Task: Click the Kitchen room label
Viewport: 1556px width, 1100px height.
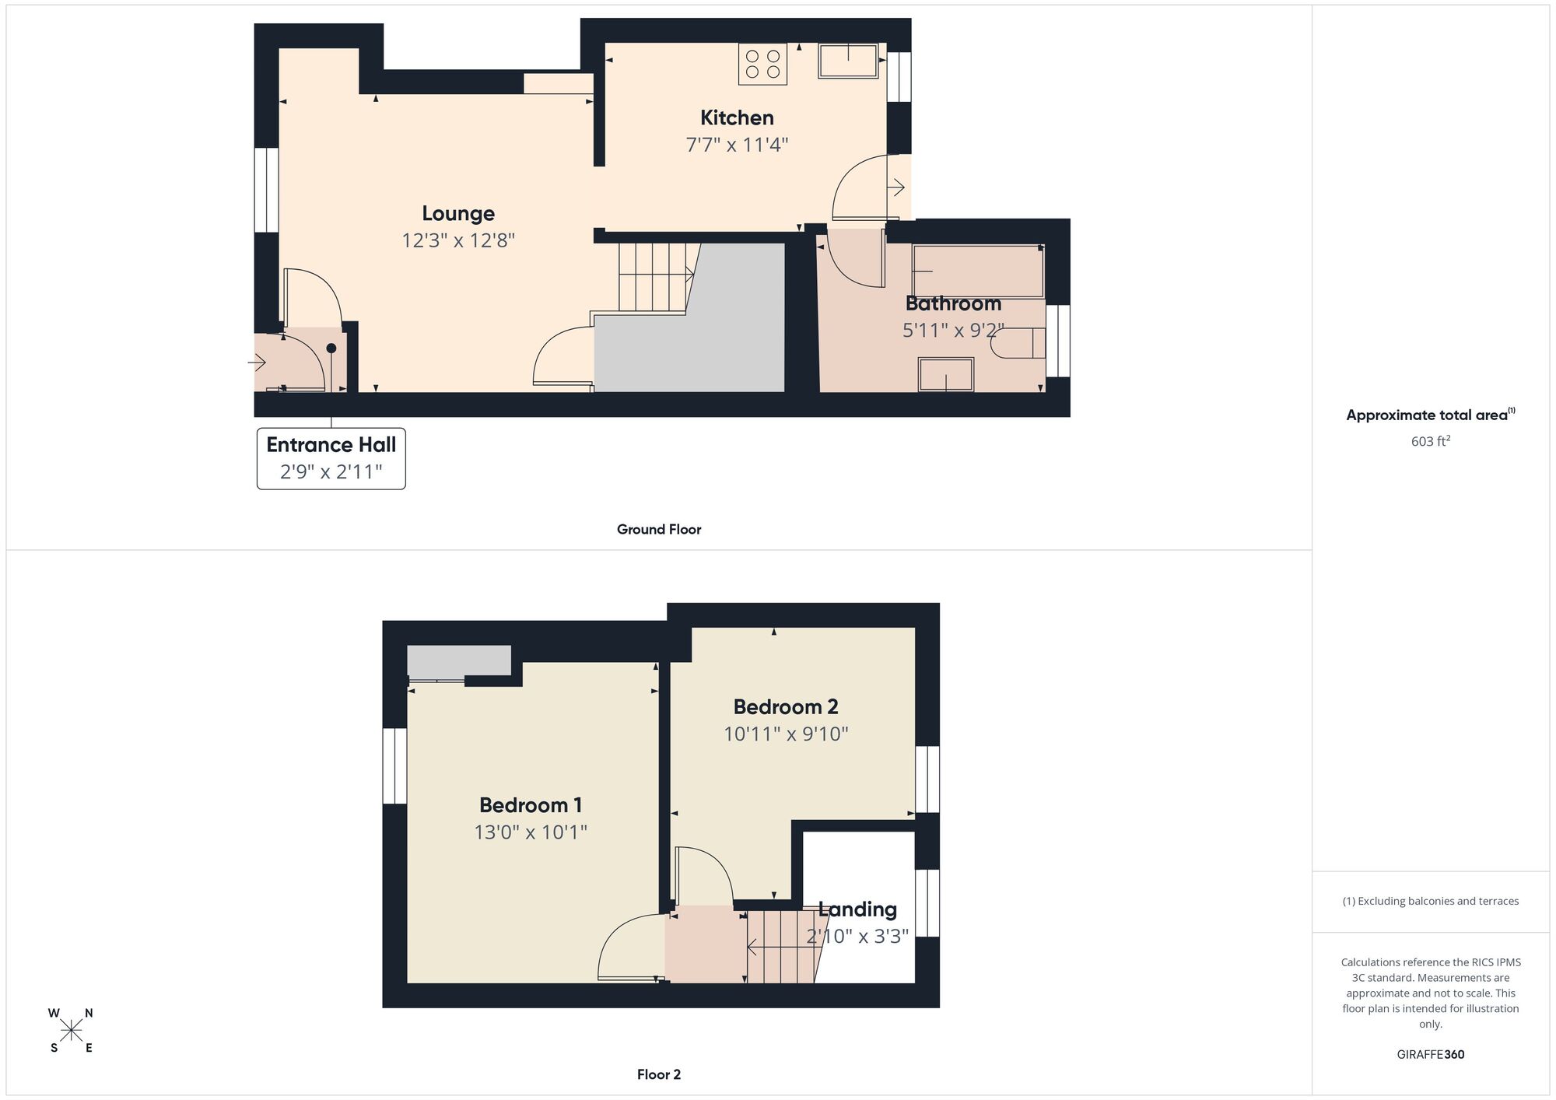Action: point(737,118)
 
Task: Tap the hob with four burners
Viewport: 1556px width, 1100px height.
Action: point(762,64)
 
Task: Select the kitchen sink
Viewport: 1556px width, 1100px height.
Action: point(848,61)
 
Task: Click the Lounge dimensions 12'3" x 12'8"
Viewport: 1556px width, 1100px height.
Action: point(458,240)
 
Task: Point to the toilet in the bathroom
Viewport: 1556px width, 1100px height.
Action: point(1019,343)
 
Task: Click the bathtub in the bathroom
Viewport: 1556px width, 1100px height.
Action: point(978,271)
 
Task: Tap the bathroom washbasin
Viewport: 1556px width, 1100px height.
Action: point(945,374)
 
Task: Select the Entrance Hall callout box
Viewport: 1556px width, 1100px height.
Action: point(331,458)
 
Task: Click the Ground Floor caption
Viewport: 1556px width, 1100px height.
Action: point(659,530)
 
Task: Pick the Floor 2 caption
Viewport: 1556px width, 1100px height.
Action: point(659,1074)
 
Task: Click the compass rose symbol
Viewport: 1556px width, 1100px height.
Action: point(72,1031)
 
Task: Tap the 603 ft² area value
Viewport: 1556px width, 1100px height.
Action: point(1430,441)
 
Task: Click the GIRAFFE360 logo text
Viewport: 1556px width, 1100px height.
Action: point(1430,1055)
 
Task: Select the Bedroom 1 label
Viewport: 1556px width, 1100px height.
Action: point(531,805)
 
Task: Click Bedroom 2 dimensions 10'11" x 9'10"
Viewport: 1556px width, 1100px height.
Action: point(786,734)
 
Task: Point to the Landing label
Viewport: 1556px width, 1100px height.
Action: point(857,909)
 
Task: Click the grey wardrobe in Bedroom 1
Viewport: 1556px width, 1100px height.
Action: point(459,661)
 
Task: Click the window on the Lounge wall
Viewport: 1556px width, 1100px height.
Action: point(266,190)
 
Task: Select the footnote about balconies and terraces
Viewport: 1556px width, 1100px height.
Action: point(1430,901)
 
